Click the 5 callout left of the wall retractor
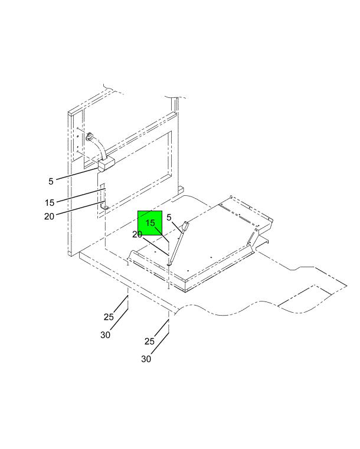(51, 181)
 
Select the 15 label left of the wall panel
(50, 203)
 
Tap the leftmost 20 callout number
(49, 216)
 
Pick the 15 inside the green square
(150, 223)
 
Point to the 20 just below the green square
(137, 234)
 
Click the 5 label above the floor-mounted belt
(169, 218)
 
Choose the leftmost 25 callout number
(109, 317)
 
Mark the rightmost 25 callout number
(149, 342)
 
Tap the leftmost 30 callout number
(106, 335)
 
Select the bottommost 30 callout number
(146, 359)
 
